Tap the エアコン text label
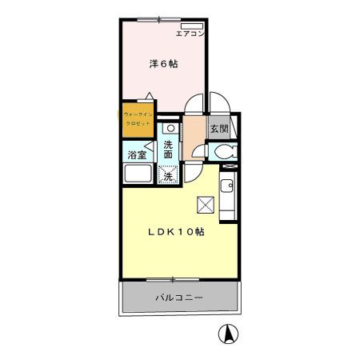coord(191,34)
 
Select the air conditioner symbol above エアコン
coord(190,26)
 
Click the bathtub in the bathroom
coord(138,176)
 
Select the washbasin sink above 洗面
coord(170,128)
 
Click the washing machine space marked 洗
coord(169,174)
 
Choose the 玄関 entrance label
coord(218,128)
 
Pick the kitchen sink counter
coord(226,196)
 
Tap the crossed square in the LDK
coord(206,206)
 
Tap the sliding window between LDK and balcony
coord(172,279)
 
